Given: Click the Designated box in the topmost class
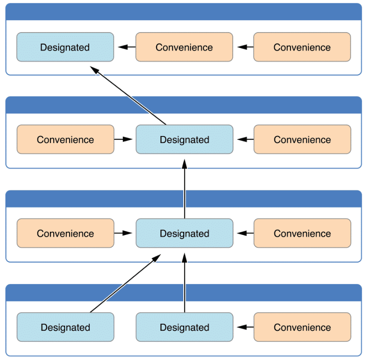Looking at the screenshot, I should pyautogui.click(x=65, y=47).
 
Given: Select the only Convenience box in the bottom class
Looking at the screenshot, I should pyautogui.click(x=302, y=327).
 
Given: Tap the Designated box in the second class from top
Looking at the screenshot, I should pyautogui.click(x=184, y=140).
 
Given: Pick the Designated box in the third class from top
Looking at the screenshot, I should pyautogui.click(x=184, y=233).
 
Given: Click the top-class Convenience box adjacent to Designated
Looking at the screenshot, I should pyautogui.click(x=184, y=47).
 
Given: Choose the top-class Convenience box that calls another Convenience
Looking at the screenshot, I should pyautogui.click(x=302, y=47).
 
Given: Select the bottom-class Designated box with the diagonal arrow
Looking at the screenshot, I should pyautogui.click(x=65, y=327).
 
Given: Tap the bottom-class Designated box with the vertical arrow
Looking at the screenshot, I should pyautogui.click(x=184, y=327).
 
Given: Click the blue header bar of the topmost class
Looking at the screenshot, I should pyautogui.click(x=183, y=12).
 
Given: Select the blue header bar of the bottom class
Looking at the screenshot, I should pyautogui.click(x=183, y=292).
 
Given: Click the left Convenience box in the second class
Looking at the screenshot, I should pyautogui.click(x=65, y=140).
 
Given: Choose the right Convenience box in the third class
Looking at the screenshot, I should pyautogui.click(x=302, y=233).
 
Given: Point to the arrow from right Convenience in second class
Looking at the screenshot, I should pyautogui.click(x=244, y=140).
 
